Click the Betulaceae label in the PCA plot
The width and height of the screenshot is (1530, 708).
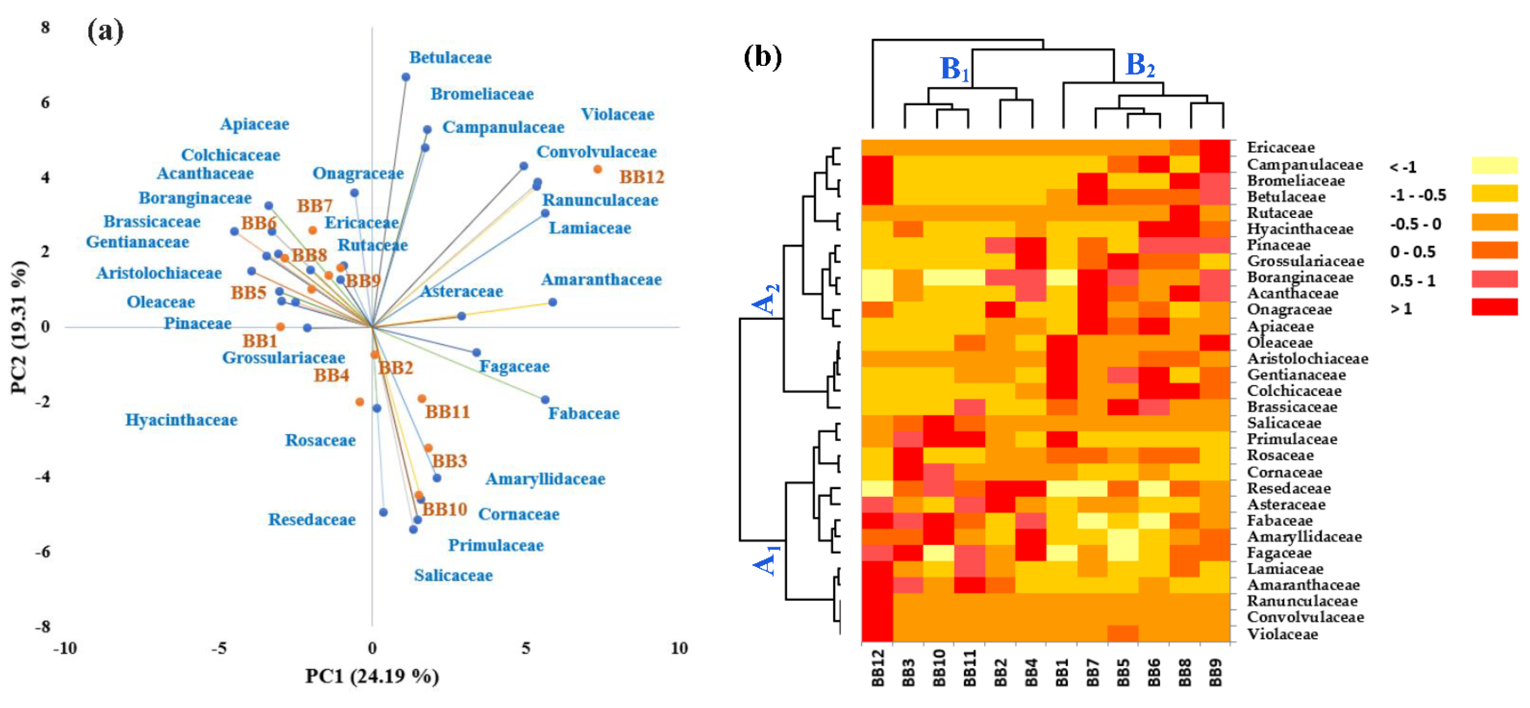450,58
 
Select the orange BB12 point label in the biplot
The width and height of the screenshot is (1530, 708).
642,177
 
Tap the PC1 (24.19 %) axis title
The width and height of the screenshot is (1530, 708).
372,676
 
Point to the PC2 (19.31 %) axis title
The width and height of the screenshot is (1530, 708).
19,327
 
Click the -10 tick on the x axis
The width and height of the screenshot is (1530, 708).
65,648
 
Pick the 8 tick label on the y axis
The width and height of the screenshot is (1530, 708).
45,27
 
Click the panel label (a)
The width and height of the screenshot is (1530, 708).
106,31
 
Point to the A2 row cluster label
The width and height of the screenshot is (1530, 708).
766,299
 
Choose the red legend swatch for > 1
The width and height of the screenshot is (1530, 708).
1494,307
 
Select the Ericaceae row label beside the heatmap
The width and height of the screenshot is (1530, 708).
1281,147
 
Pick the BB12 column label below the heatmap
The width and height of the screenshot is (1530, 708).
877,668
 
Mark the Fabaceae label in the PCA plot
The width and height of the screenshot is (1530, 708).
583,414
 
